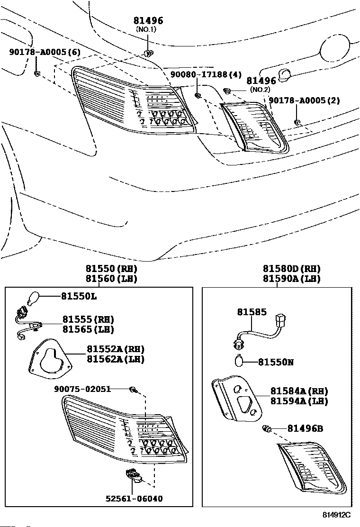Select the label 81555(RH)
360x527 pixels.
pyautogui.click(x=88, y=319)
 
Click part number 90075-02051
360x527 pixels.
pyautogui.click(x=82, y=389)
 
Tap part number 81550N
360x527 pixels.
pyautogui.click(x=276, y=362)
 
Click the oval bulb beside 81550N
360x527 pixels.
pyautogui.click(x=239, y=362)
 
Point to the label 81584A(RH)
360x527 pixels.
pyautogui.click(x=299, y=391)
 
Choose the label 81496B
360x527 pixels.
pyautogui.click(x=306, y=428)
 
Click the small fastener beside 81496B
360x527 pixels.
pyautogui.click(x=267, y=429)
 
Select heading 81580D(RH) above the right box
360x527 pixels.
pyautogui.click(x=292, y=269)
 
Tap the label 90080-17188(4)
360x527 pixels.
pyautogui.click(x=206, y=74)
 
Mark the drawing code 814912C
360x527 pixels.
pyautogui.click(x=336, y=515)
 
